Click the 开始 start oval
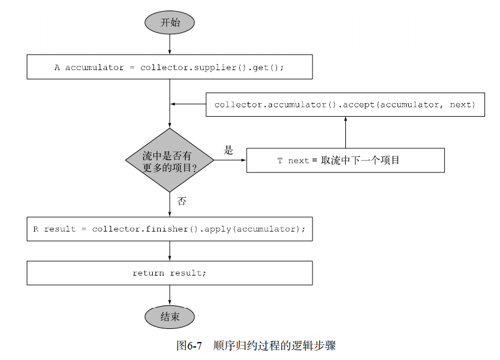[170, 22]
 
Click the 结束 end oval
[170, 317]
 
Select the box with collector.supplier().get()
[170, 67]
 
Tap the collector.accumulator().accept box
[345, 104]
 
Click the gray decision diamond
[170, 160]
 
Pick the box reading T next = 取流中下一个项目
[345, 160]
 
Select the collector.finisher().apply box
[170, 229]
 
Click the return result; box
[170, 273]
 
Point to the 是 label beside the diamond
[228, 150]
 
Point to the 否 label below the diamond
[181, 201]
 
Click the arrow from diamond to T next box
[230, 160]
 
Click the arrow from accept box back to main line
[188, 104]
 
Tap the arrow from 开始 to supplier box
[170, 45]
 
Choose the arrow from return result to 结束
[170, 295]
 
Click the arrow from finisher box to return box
[170, 251]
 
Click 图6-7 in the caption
[189, 346]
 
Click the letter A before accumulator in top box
[57, 68]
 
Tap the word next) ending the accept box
[462, 105]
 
